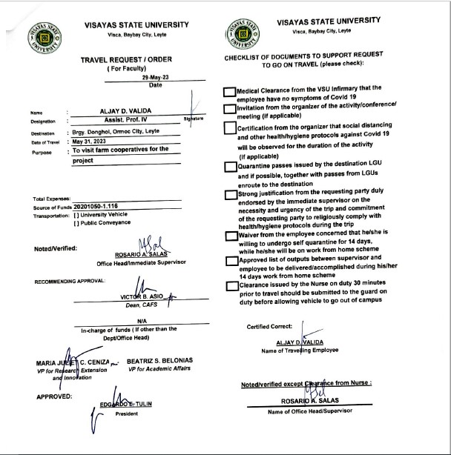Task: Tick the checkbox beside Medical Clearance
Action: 230,91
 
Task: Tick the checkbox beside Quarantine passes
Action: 230,166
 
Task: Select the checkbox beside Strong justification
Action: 230,195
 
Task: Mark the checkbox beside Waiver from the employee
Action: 230,235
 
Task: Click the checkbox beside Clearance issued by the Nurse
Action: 230,285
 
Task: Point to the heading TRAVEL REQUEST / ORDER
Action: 118,59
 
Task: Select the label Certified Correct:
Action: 269,327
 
